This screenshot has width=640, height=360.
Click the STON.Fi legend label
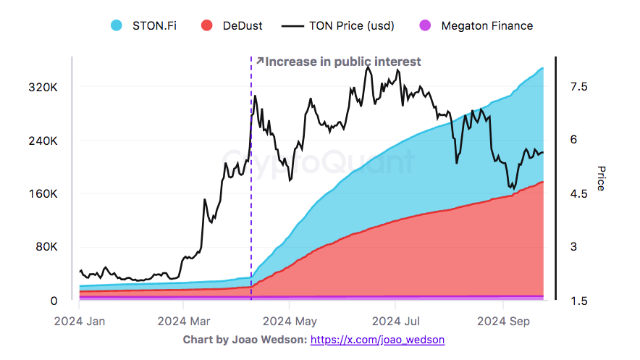[153, 26]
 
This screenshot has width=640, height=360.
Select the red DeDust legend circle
[206, 26]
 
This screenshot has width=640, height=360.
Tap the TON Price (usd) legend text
[351, 26]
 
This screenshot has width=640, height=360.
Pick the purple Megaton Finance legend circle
[426, 26]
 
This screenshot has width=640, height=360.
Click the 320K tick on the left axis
[43, 87]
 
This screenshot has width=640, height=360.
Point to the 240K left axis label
[43, 141]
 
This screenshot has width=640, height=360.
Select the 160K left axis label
[43, 194]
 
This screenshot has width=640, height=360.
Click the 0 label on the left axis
[54, 301]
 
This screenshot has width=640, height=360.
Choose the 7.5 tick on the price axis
[578, 87]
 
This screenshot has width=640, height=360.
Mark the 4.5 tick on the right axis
[578, 194]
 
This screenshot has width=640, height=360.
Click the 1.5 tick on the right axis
[578, 301]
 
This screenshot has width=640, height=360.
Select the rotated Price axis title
[601, 178]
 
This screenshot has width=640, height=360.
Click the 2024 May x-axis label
[290, 320]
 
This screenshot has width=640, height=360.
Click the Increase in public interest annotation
[342, 62]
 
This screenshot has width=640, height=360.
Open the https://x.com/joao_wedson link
[377, 339]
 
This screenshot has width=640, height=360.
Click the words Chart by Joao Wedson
[245, 339]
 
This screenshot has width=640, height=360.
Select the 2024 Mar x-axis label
[184, 320]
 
